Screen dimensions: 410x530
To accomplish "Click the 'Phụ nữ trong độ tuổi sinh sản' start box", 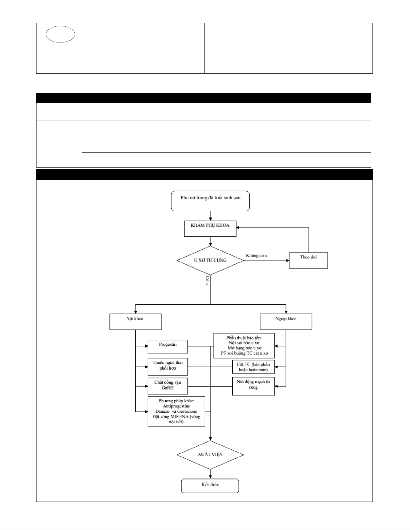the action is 210,201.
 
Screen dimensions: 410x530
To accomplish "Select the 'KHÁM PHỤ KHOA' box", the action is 210,228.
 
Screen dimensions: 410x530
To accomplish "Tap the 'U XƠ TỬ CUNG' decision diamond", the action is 210,260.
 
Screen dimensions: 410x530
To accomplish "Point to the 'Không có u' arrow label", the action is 257,255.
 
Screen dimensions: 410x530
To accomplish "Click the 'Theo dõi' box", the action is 309,260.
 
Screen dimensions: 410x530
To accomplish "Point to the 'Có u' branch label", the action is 207,281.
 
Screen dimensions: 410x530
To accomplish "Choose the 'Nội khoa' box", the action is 136,322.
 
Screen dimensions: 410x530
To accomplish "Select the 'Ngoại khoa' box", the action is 286,322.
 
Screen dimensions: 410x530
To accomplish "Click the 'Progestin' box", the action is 168,346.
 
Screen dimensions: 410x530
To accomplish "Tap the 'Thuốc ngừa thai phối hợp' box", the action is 168,366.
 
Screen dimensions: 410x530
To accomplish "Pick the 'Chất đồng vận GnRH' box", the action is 168,386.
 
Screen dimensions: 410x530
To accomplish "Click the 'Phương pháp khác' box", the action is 176,412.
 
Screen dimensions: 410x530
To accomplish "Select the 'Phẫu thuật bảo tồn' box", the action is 244,346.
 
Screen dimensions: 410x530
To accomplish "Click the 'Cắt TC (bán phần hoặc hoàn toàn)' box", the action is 253,367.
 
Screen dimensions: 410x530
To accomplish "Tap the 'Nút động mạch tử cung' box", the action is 253,386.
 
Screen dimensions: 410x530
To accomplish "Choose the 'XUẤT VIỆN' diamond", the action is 210,455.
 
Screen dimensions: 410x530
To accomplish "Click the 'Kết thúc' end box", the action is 210,486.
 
